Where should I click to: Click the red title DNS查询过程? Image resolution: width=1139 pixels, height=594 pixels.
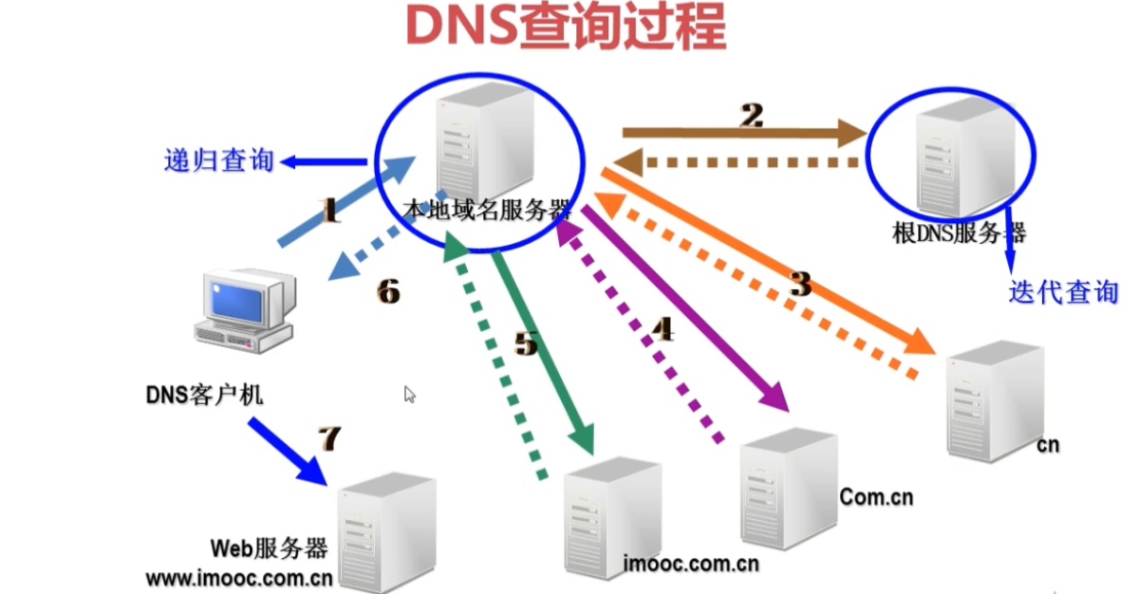566,27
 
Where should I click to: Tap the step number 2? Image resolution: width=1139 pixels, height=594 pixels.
752,116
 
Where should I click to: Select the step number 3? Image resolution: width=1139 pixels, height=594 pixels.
802,284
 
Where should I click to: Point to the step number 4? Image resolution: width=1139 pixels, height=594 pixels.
663,328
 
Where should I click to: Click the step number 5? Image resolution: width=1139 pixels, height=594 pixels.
526,343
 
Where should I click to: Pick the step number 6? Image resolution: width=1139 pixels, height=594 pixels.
388,291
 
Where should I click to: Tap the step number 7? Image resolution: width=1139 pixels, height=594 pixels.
329,438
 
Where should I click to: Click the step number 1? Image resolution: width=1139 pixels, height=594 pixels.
330,211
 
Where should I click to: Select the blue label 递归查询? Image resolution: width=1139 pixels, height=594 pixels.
219,160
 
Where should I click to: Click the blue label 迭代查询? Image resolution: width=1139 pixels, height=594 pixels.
1064,292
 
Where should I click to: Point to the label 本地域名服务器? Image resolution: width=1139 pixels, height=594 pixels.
487,210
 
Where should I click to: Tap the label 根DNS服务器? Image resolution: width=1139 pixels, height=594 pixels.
960,233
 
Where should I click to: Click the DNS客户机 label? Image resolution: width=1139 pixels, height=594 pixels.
204,395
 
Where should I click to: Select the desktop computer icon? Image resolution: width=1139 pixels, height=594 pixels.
246,311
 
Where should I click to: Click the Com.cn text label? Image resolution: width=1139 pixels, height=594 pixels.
876,497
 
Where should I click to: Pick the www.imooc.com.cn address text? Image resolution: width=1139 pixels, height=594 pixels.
239,579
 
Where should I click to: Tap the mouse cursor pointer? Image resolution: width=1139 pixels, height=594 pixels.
410,395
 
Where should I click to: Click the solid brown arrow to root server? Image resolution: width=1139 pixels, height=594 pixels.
745,133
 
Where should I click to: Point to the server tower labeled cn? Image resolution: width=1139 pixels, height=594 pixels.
996,401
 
